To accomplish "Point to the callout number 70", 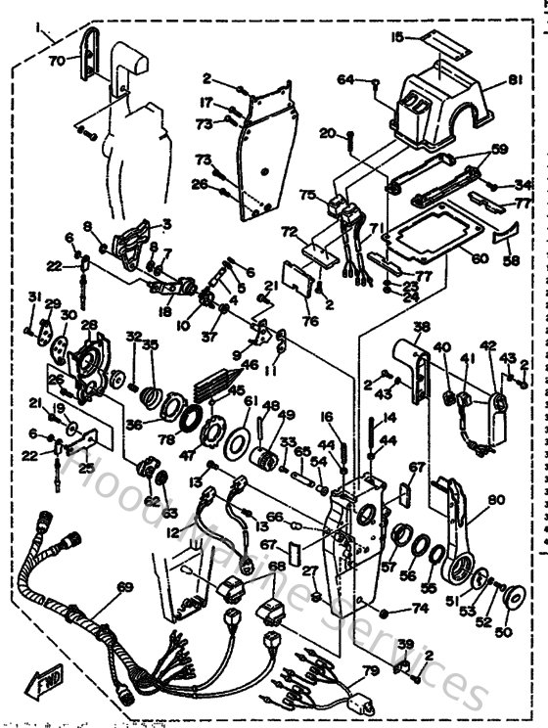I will tap(58, 60).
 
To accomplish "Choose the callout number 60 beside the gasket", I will tap(479, 258).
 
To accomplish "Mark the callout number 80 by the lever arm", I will tap(496, 500).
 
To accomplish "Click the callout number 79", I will tap(369, 670).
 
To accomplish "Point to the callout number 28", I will tap(88, 326).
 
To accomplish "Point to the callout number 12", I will tap(173, 532).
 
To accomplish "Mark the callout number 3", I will tap(167, 223).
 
